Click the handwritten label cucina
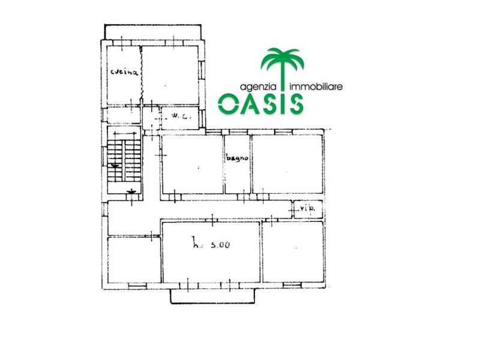tap(124, 72)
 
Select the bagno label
tap(237, 158)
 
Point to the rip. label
tap(307, 209)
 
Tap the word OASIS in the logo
tap(260, 104)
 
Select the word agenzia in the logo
tap(258, 87)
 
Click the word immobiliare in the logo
tap(316, 87)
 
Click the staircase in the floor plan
tap(124, 160)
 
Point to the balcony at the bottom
tap(212, 296)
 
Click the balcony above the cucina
tap(153, 32)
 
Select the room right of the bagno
tap(287, 164)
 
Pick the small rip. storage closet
tap(308, 209)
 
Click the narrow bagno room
tap(238, 164)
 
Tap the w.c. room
tap(180, 118)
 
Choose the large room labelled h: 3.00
tap(211, 252)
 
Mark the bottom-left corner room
tap(134, 260)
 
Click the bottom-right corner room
tap(293, 251)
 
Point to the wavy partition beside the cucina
tap(142, 75)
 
